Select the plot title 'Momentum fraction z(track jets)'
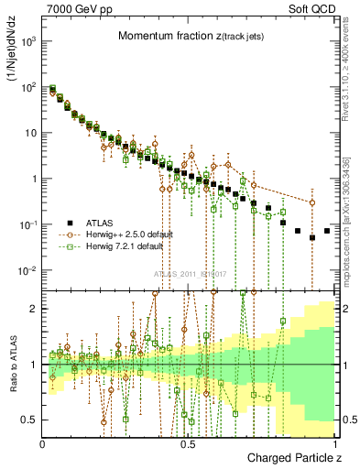click(191, 36)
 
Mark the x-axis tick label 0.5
click(188, 443)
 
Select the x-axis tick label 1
click(334, 443)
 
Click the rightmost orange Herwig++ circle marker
click(312, 203)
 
